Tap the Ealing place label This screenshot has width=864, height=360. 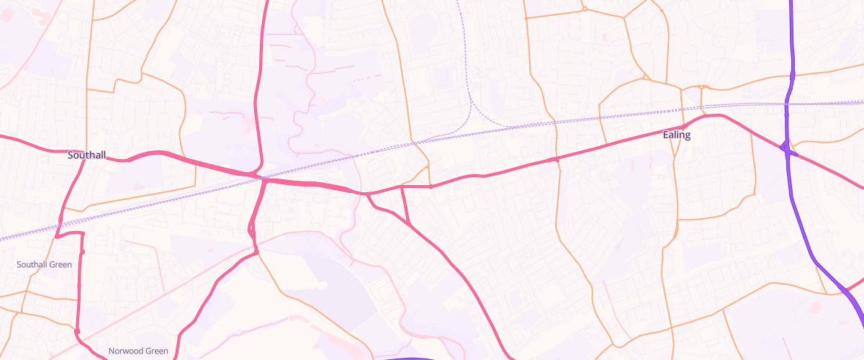tap(676, 135)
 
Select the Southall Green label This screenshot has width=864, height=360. tap(44, 265)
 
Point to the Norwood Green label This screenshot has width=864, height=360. tap(138, 351)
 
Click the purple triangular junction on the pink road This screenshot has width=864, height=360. tap(788, 149)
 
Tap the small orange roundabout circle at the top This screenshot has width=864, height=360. tap(585, 9)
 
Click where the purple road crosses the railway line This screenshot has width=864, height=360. tap(787, 105)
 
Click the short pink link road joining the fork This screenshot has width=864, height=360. tap(405, 205)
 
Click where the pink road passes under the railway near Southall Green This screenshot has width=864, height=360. tap(58, 229)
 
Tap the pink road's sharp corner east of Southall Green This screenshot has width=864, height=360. tap(82, 234)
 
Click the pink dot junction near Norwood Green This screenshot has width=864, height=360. tap(77, 331)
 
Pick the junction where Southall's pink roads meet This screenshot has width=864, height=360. tap(84, 160)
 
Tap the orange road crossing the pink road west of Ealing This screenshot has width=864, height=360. tap(557, 159)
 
